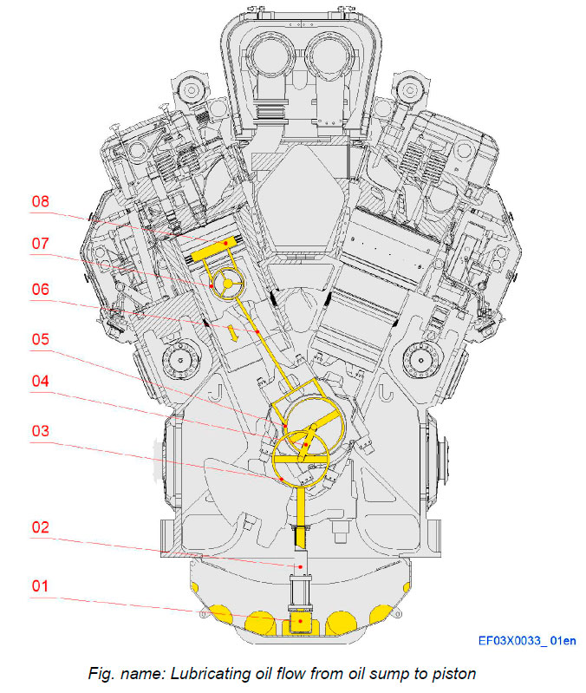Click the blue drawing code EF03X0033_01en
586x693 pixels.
point(526,641)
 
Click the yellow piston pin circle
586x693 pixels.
point(228,281)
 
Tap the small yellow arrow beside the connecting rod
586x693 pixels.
point(231,332)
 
